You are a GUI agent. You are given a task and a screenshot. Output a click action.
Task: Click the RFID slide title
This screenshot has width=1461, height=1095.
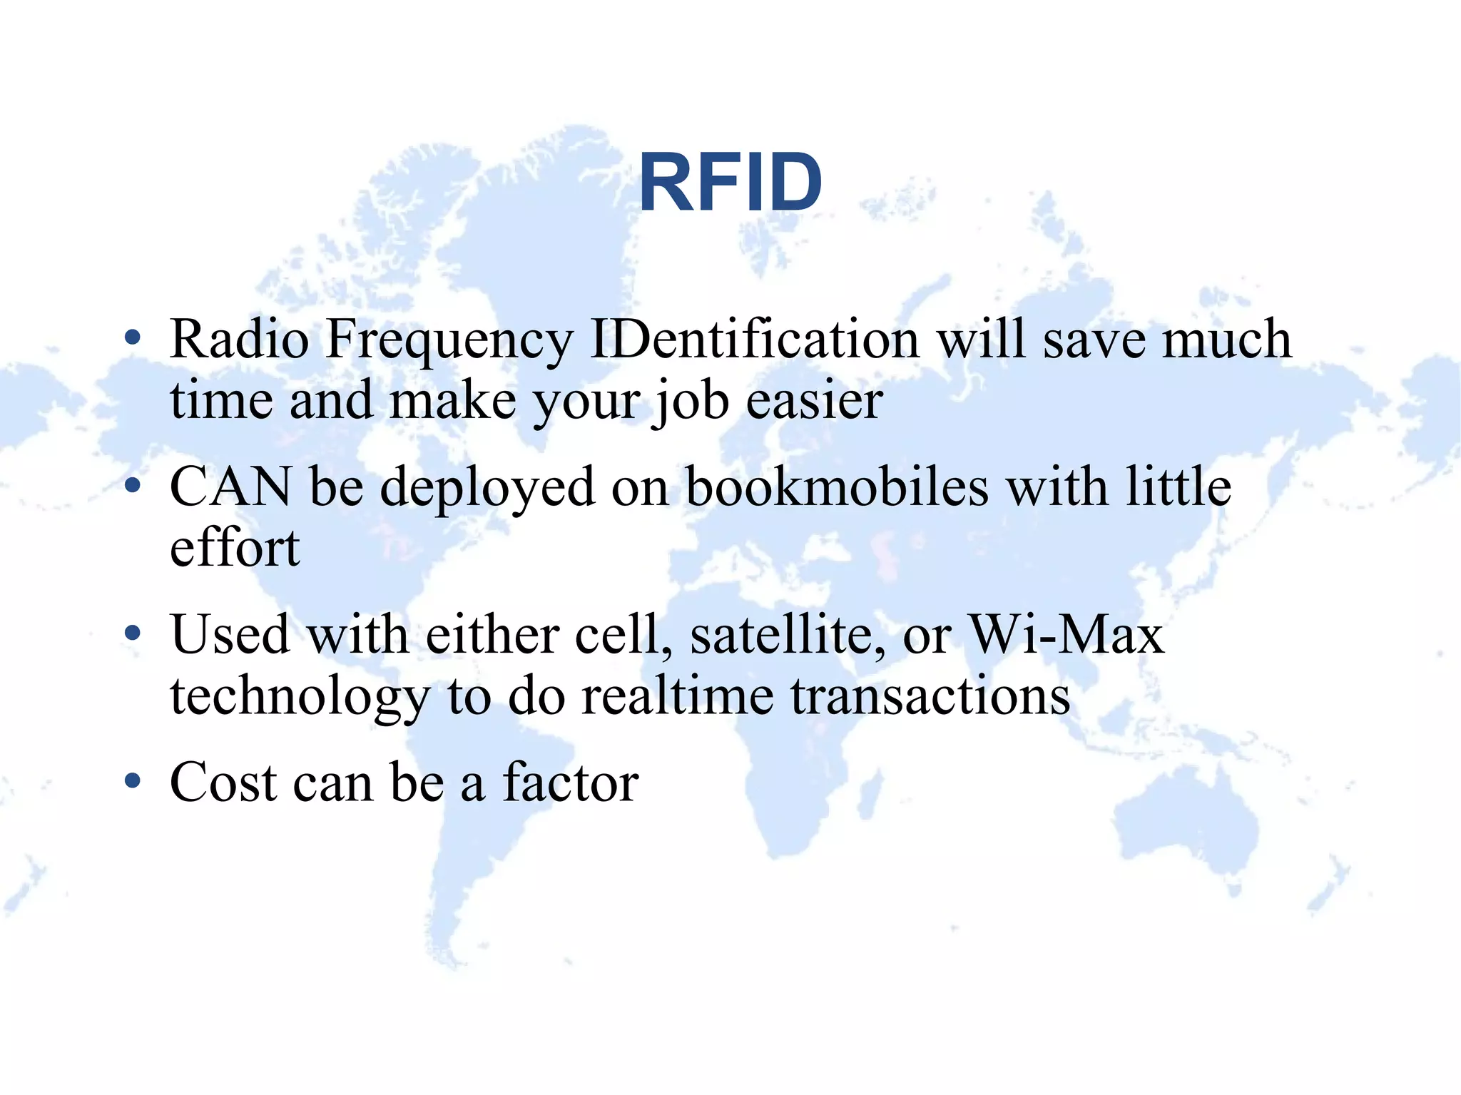(730, 183)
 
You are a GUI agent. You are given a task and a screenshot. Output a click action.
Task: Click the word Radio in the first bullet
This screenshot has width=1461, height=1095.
(239, 340)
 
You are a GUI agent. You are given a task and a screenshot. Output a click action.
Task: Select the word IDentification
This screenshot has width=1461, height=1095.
(755, 340)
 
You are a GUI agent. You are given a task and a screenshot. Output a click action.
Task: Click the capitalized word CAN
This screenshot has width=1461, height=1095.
(230, 487)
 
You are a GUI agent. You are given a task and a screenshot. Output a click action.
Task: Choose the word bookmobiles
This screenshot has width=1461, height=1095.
(837, 487)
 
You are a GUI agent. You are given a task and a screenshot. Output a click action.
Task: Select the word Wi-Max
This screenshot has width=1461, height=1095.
(1066, 634)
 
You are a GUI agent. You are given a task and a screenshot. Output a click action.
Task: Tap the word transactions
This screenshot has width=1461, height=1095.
(930, 696)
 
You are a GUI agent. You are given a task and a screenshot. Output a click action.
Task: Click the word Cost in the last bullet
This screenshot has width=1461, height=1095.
(223, 783)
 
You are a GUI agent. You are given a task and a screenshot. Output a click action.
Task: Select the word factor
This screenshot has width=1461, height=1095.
(570, 783)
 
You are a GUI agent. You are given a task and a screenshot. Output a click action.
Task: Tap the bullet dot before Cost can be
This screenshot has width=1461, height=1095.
(132, 781)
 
